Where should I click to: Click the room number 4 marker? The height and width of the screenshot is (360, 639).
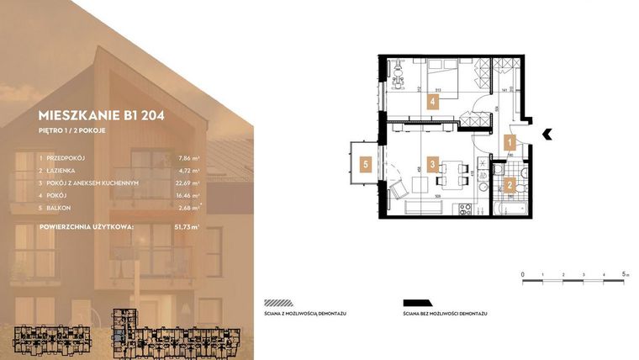coord(432,103)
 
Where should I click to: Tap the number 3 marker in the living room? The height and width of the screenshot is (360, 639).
coord(431,165)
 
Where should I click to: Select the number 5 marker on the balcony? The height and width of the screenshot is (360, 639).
coord(367,165)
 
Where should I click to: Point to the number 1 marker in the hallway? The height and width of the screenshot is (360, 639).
coord(509,143)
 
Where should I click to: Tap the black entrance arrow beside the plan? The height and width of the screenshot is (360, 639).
coord(547,132)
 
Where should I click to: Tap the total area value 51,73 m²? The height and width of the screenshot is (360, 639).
coord(184,227)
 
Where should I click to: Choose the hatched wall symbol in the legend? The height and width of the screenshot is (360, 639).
coord(278,303)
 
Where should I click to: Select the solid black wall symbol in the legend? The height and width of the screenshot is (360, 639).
coord(418,303)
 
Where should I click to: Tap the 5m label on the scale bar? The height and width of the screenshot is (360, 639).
coord(625,274)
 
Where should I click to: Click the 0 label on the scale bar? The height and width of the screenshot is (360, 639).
coord(523,274)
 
